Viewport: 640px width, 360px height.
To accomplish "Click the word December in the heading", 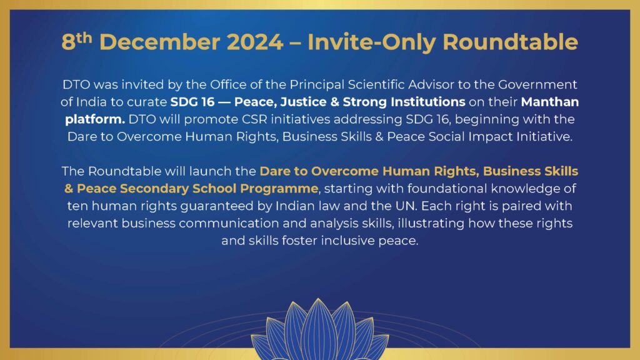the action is (x=159, y=42).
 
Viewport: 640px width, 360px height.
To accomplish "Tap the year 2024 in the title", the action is (x=255, y=42).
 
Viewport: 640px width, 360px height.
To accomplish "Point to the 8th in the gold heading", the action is (x=77, y=41).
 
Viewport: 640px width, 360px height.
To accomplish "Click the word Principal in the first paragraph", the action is (x=317, y=84).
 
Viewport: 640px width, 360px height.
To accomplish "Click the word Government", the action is (x=537, y=84).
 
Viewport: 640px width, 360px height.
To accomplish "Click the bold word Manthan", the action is (x=550, y=102).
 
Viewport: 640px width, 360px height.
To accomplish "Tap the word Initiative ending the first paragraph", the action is (x=544, y=136).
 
